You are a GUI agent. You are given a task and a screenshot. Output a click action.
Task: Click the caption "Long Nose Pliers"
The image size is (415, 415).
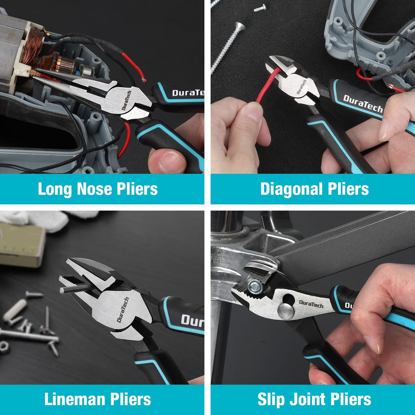(98, 189)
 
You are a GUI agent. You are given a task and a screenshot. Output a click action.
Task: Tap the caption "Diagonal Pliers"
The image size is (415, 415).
(314, 189)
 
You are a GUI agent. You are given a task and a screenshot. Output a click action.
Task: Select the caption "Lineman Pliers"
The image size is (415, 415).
(98, 399)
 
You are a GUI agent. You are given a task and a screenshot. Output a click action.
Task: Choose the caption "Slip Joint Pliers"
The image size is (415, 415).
(314, 399)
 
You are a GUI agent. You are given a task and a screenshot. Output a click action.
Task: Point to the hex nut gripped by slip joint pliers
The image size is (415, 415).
(254, 286)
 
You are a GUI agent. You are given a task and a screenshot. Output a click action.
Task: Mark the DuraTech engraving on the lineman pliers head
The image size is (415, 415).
(123, 310)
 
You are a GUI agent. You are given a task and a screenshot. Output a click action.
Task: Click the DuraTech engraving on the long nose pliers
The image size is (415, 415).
(126, 101)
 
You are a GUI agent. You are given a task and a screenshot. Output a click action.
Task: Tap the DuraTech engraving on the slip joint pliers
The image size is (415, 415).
(311, 304)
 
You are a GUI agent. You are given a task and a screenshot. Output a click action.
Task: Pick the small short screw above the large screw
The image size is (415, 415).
(260, 8)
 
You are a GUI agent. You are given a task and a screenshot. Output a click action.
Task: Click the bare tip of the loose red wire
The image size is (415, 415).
(144, 80)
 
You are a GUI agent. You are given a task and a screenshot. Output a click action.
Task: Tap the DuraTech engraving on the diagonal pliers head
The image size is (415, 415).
(301, 87)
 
